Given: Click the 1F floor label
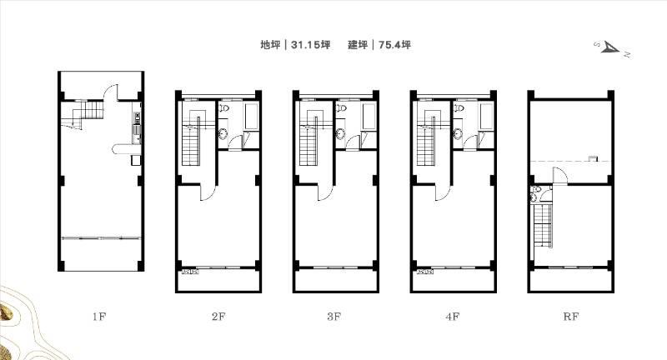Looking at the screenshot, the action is (98, 317).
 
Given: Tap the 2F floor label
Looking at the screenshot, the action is (218, 317).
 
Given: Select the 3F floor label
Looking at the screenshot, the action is (334, 317).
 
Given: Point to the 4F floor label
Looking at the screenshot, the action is (453, 317).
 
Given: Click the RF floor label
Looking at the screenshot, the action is (571, 317).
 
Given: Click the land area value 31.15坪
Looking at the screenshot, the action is (310, 45).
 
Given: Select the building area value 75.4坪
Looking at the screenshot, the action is (394, 45).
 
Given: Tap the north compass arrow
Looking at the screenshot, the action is (612, 48).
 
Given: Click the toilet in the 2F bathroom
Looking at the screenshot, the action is (224, 107).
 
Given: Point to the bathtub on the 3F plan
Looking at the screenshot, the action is (369, 116).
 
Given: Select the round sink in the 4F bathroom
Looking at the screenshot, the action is (458, 134).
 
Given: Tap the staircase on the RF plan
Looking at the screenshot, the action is (543, 224).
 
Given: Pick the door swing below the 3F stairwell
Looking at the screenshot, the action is (324, 193).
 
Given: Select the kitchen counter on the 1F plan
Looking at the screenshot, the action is (137, 127).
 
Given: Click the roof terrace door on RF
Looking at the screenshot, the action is (559, 175).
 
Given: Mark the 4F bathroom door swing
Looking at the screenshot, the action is (469, 142).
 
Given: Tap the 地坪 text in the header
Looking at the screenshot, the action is (270, 45).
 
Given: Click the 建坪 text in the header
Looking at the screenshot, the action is (358, 45).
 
